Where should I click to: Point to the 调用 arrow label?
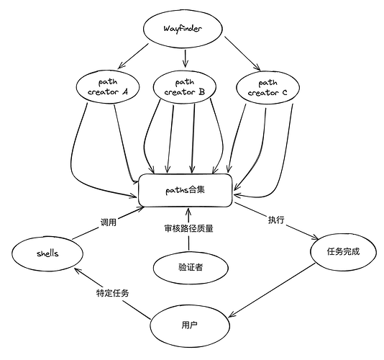pos(109,222)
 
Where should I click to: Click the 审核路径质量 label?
pos(188,228)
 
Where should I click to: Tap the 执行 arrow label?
pos(276,220)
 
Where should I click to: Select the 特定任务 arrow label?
pos(112,293)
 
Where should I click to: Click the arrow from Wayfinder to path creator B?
pos(185,58)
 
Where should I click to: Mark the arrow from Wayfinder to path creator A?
pos(133,56)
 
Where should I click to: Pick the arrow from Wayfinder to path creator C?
pos(242,54)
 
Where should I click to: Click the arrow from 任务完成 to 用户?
pos(272,291)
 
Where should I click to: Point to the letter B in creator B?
pos(202,91)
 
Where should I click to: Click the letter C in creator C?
pos(284,93)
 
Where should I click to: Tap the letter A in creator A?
pos(125,91)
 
